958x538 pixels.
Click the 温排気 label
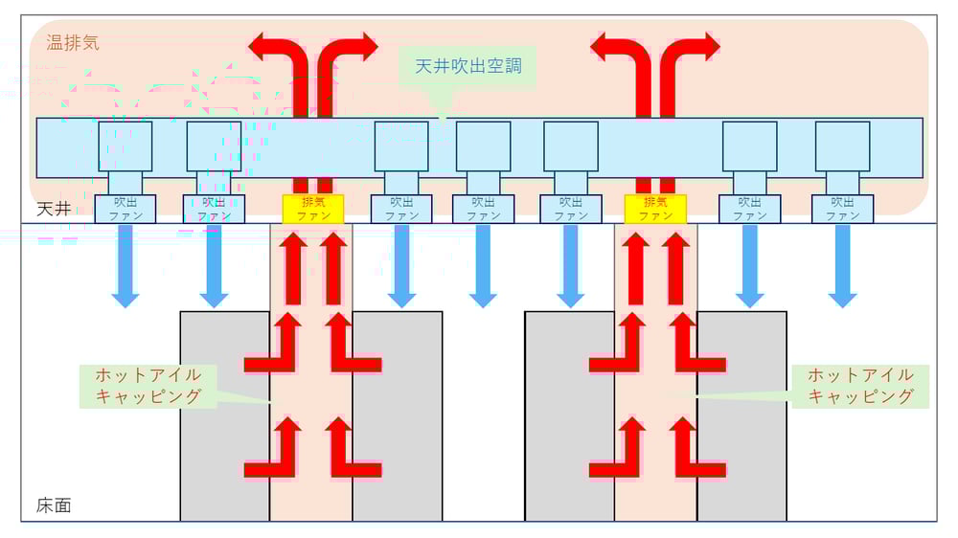click(x=73, y=43)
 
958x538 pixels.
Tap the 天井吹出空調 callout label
click(x=468, y=67)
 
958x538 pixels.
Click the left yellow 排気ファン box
click(x=312, y=209)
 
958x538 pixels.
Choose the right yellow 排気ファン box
click(x=655, y=209)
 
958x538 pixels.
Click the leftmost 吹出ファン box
click(x=125, y=209)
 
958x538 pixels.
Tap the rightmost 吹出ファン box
click(x=842, y=209)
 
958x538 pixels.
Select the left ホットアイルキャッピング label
click(x=148, y=385)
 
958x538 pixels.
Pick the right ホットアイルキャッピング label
click(x=860, y=385)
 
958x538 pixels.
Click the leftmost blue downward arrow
click(x=125, y=267)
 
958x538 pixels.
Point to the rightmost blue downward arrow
click(x=842, y=267)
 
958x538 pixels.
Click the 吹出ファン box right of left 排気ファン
click(x=401, y=209)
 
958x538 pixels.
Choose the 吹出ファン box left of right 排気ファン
click(x=571, y=209)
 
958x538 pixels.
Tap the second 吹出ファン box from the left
click(x=214, y=209)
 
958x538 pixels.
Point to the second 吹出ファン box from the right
click(x=749, y=209)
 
